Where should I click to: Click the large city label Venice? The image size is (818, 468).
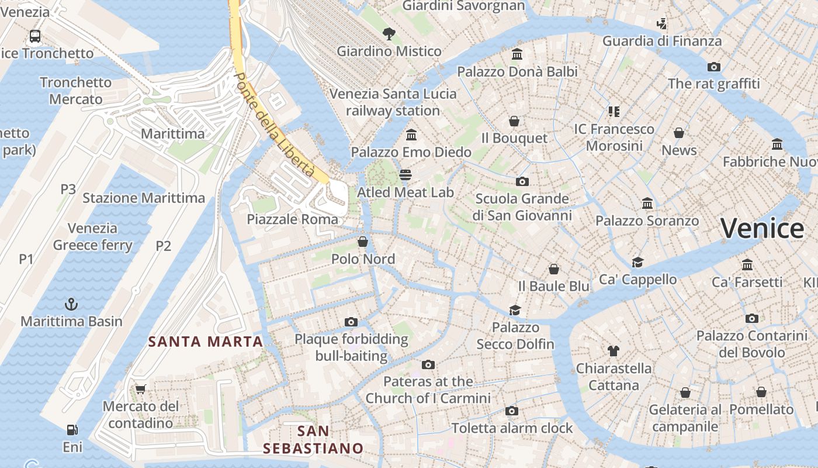point(762,228)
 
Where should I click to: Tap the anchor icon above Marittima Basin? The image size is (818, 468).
point(71,304)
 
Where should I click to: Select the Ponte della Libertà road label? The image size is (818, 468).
point(274,125)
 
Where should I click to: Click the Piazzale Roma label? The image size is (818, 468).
point(292,219)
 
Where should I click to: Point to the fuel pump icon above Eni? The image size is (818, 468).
point(72,430)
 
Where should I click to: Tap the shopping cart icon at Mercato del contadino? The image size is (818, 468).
point(140,389)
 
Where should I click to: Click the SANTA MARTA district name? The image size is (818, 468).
point(205,342)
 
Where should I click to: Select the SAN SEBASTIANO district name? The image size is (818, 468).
point(313,440)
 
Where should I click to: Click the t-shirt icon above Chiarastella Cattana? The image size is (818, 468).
point(613,351)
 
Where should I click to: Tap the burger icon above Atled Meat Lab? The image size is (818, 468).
point(405,174)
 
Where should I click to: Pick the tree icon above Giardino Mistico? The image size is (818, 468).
point(389,34)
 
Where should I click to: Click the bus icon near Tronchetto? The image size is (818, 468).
point(35,36)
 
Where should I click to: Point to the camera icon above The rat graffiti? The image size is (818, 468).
point(713,67)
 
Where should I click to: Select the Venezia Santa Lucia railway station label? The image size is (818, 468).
point(393,102)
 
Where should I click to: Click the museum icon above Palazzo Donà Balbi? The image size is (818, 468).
point(517,54)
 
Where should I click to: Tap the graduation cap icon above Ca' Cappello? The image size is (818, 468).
point(637,262)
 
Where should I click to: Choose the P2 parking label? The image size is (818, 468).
point(164,246)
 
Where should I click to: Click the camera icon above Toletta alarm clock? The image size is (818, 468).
point(511,411)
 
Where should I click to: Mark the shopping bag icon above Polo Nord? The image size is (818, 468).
point(363,242)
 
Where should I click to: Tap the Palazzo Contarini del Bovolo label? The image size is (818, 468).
point(751,344)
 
